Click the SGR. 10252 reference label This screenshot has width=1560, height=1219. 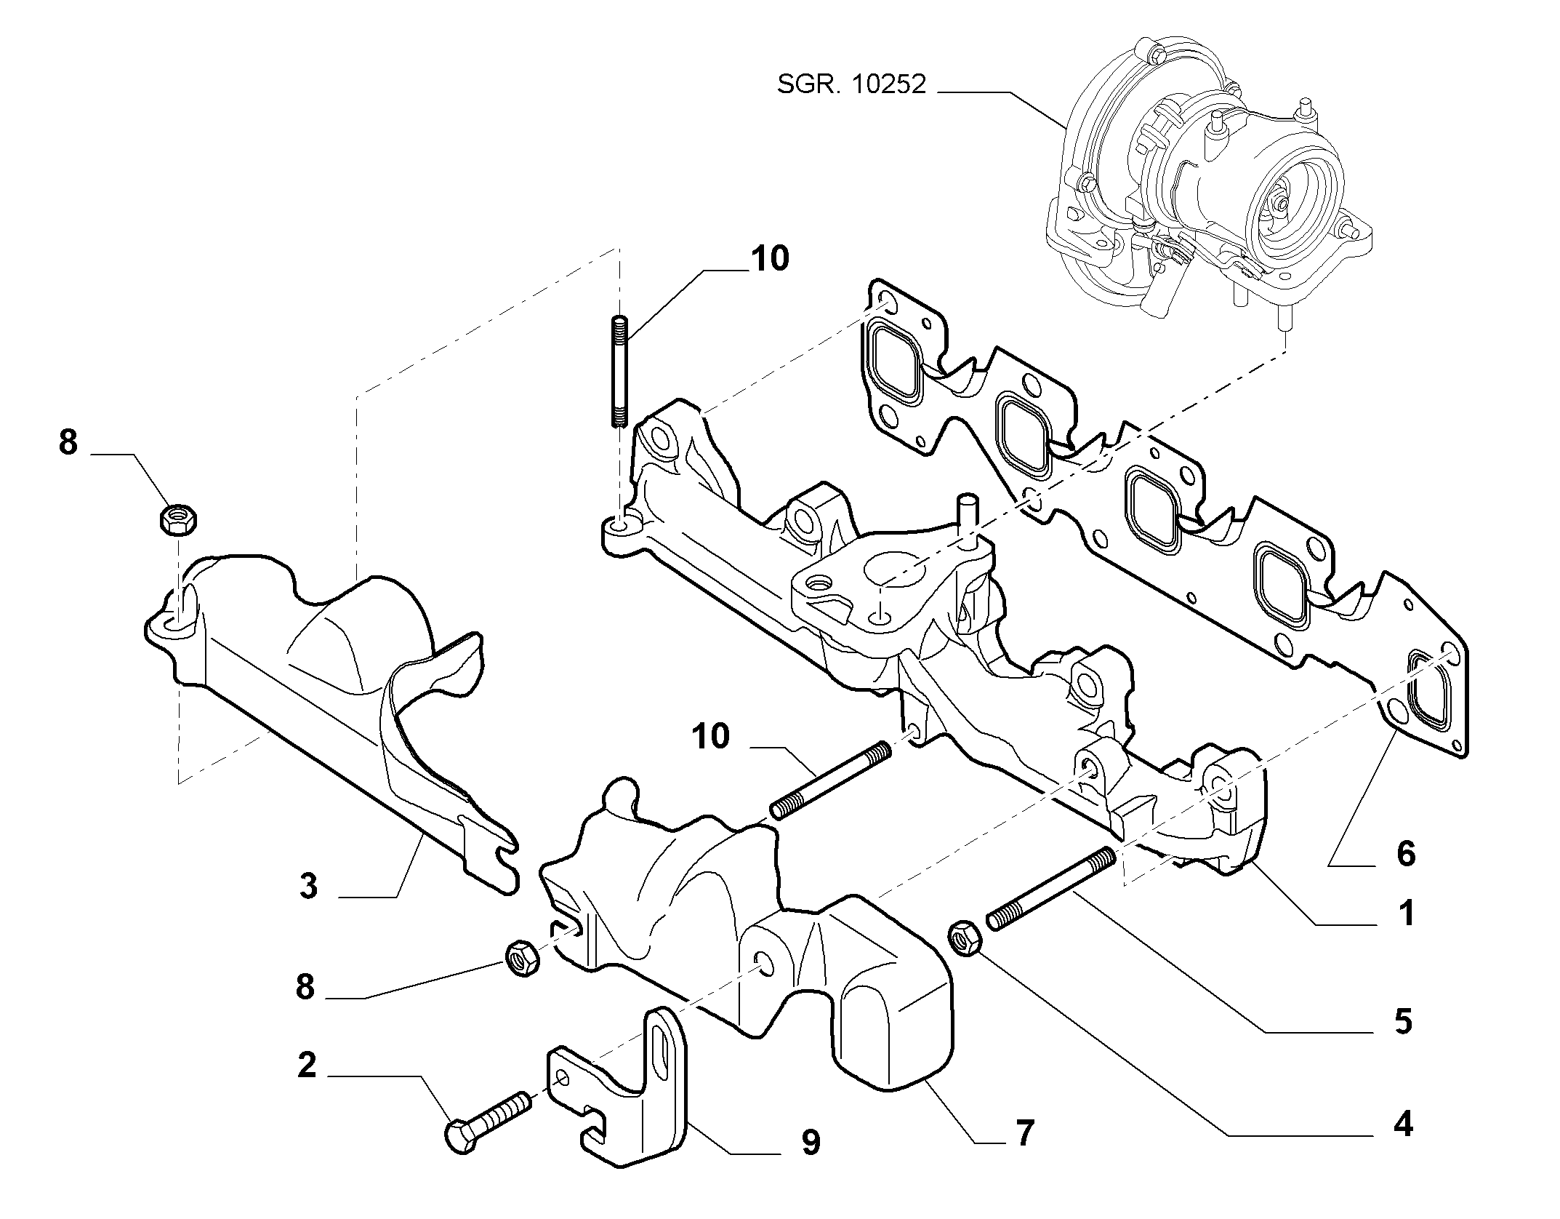[x=852, y=85]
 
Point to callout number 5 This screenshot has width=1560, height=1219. [x=1403, y=1022]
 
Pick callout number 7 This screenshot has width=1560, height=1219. [x=1024, y=1153]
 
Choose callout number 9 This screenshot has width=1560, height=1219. [x=810, y=1164]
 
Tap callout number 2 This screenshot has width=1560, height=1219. [x=307, y=1065]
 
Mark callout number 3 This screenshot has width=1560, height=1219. [x=308, y=887]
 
